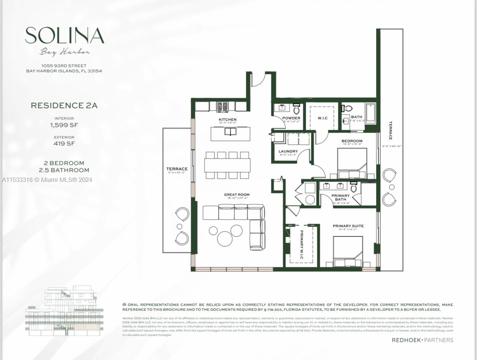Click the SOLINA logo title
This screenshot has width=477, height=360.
click(65, 36)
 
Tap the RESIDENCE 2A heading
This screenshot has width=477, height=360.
click(64, 106)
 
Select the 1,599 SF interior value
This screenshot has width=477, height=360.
click(64, 125)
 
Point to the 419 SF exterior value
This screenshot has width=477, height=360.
click(64, 143)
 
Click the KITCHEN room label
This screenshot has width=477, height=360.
click(227, 119)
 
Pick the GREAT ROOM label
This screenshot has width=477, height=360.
click(237, 194)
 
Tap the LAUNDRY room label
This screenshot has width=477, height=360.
click(288, 151)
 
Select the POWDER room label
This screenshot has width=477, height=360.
click(291, 118)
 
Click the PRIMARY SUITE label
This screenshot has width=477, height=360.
click(348, 226)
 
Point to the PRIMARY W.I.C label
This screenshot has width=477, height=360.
click(302, 244)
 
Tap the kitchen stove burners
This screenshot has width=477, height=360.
click(223, 107)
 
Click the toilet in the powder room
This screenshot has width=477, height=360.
click(297, 109)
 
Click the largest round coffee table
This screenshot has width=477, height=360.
click(224, 238)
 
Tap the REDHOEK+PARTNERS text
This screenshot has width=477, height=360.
click(422, 340)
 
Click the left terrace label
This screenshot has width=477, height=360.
click(177, 169)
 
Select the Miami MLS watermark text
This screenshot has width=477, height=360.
click(47, 180)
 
